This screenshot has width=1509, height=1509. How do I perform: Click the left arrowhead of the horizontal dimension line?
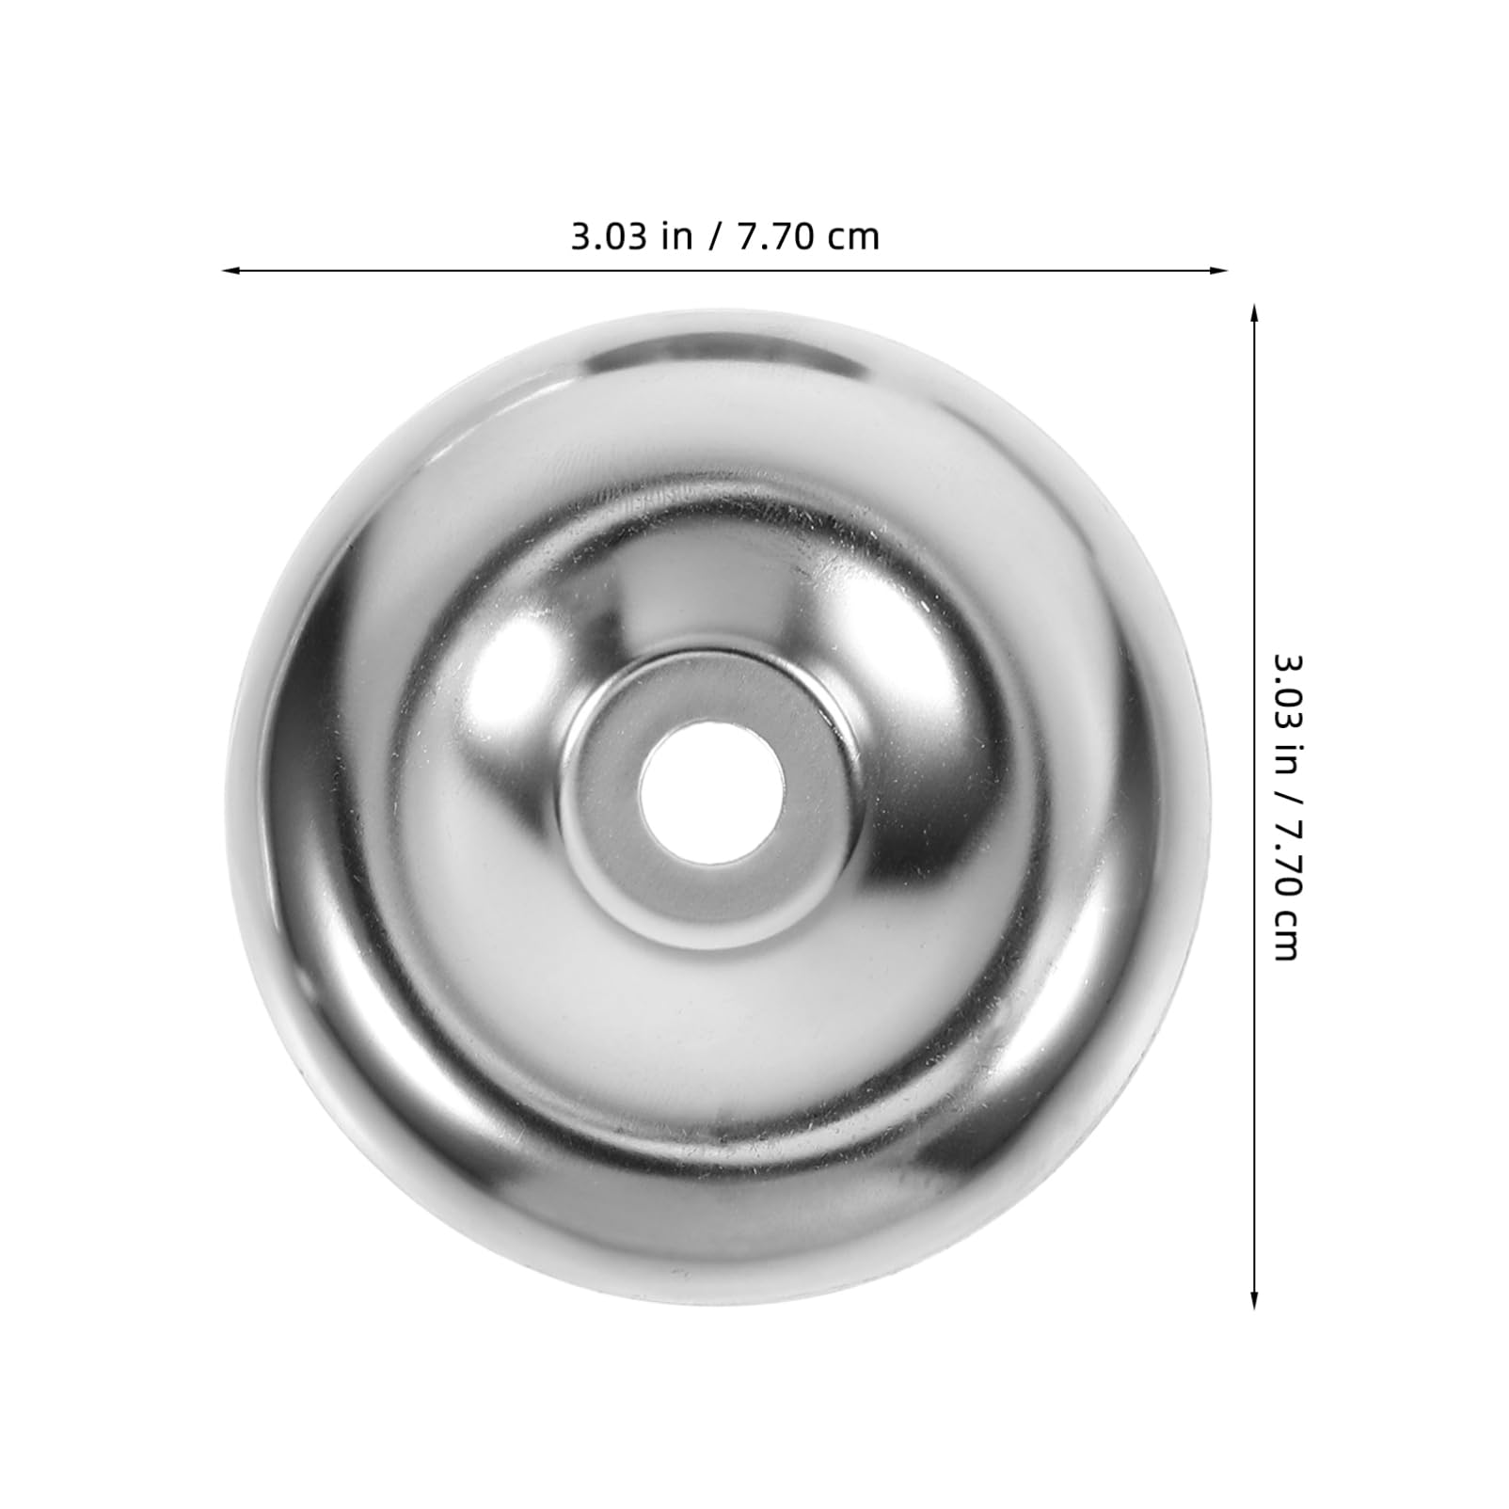(x=230, y=271)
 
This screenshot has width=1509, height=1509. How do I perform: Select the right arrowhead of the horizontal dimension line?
(x=1220, y=271)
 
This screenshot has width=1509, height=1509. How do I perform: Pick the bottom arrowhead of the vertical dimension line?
(x=1253, y=1299)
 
